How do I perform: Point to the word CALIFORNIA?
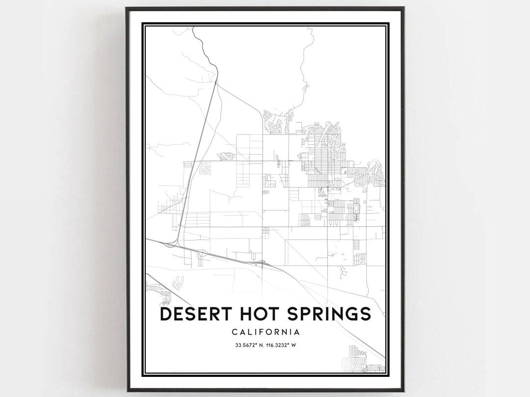click(265, 332)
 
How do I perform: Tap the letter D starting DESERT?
click(165, 314)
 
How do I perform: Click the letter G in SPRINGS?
click(352, 314)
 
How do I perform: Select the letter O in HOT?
click(258, 314)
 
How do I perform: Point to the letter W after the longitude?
click(293, 345)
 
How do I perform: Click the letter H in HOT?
click(242, 314)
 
